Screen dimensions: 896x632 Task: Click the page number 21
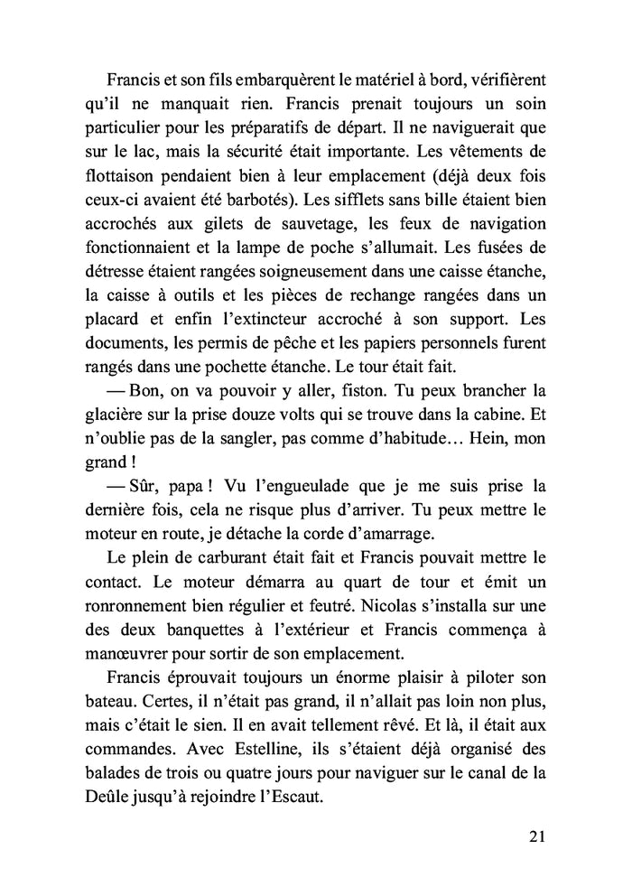tap(535, 835)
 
